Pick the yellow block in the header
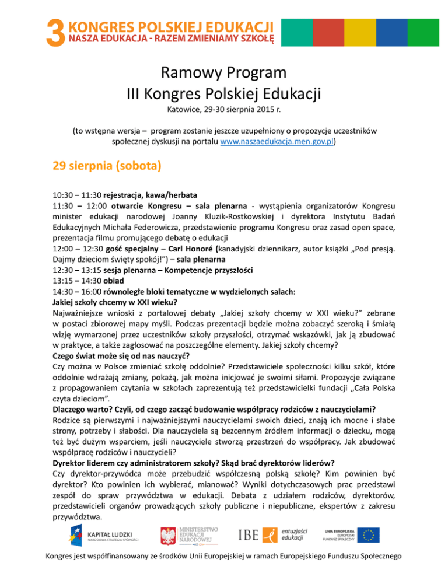tap(369, 32)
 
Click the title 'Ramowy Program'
tap(224, 74)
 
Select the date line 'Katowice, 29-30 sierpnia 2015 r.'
tap(224, 110)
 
